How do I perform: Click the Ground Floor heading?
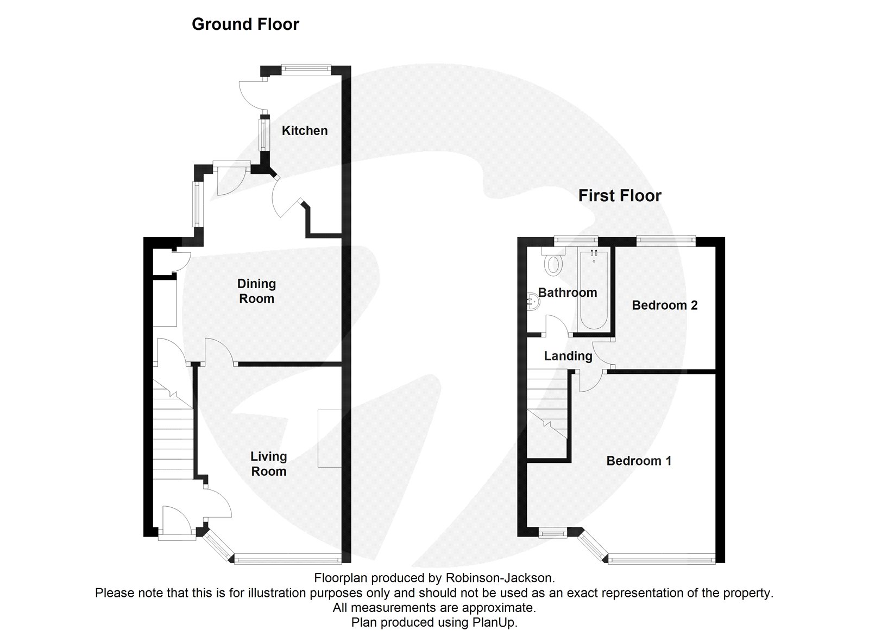click(245, 24)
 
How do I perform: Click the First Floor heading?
click(620, 195)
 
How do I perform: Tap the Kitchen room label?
click(304, 130)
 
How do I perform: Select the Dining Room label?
click(256, 291)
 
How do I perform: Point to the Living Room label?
click(268, 464)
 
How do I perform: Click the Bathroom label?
click(568, 293)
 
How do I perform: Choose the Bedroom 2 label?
click(665, 305)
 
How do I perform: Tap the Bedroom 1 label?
click(639, 461)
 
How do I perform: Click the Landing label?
click(568, 356)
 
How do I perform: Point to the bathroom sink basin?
click(532, 302)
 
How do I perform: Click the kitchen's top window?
click(306, 68)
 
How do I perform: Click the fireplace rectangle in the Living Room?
click(329, 438)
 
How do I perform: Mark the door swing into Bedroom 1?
click(589, 381)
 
